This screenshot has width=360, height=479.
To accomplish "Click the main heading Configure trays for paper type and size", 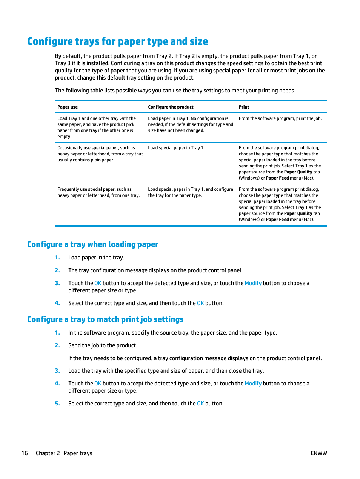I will click(x=117, y=41).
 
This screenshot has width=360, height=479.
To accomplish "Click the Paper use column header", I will click(x=68, y=107).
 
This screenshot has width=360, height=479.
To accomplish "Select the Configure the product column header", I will click(x=171, y=107).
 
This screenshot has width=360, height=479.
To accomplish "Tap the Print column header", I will click(x=244, y=107).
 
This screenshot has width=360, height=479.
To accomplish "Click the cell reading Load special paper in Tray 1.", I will click(x=176, y=148).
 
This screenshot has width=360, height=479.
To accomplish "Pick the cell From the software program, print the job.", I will click(x=280, y=118).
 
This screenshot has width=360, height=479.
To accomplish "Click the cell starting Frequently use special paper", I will click(x=98, y=192).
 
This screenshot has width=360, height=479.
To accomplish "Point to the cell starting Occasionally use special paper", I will click(x=100, y=154).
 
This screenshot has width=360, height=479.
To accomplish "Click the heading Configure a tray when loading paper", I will click(x=93, y=244).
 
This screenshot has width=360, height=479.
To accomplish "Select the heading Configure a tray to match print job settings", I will click(x=105, y=319).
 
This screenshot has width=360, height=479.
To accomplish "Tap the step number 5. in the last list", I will click(x=57, y=404).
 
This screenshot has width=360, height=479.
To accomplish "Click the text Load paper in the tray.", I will click(x=96, y=258).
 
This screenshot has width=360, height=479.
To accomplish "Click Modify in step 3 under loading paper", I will click(x=253, y=283).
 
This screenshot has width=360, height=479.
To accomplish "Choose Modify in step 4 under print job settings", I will click(x=253, y=384).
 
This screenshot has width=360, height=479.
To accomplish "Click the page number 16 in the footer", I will click(x=25, y=453).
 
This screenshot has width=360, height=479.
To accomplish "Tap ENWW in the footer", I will click(x=318, y=453).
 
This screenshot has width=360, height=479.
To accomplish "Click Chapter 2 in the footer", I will click(x=48, y=453).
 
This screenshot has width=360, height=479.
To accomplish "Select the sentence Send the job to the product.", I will click(x=103, y=345).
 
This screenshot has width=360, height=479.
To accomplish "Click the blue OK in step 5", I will click(x=200, y=404).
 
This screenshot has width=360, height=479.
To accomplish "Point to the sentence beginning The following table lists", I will click(x=175, y=91).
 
